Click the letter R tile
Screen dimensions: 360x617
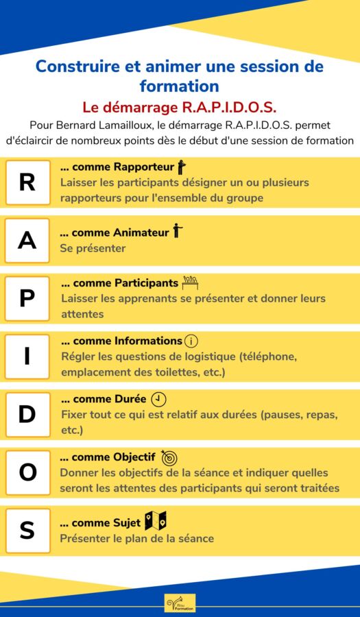[x=27, y=182]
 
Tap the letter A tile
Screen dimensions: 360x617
[x=27, y=241]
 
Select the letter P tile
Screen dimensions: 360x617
[x=27, y=299]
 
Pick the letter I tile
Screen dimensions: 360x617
[x=27, y=357]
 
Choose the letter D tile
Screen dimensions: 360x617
[x=27, y=415]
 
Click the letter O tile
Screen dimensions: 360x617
[x=27, y=473]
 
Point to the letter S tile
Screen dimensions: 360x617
[x=27, y=531]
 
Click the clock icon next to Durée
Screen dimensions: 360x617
[x=158, y=399]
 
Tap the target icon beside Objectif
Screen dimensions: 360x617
[x=169, y=457]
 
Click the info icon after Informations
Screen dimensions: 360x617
[x=191, y=341]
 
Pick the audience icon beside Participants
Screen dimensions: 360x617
[x=190, y=282]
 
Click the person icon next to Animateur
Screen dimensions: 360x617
[x=178, y=231]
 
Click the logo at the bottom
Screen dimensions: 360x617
[x=180, y=603]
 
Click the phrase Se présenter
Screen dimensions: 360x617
[x=93, y=248]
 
